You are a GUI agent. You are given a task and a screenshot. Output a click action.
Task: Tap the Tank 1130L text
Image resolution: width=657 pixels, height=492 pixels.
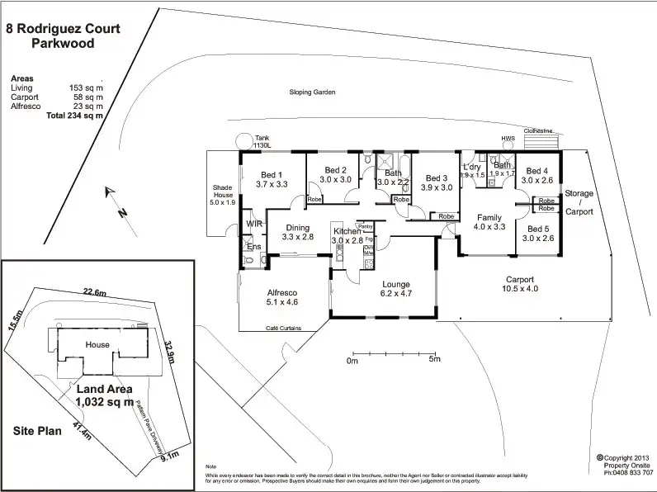coord(263,142)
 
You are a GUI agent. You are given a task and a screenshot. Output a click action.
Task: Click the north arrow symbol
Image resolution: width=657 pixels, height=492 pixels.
coord(115,201)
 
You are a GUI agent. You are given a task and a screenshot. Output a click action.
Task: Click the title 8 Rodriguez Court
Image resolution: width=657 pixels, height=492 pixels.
coord(63,29)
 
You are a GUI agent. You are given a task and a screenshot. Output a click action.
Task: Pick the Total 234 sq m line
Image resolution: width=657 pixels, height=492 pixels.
coord(75,116)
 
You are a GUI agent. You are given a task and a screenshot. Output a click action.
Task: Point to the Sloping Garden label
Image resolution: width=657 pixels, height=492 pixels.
coord(312,93)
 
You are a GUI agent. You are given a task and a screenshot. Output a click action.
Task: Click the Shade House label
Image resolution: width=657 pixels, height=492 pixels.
coord(223,195)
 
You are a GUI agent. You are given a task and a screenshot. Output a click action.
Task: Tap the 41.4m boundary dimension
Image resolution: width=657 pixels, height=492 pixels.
coord(78,428)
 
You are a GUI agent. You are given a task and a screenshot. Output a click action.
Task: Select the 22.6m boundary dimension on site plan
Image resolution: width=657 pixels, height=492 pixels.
coord(95,291)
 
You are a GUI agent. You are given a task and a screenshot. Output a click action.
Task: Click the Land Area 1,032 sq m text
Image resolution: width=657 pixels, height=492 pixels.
coord(105,395)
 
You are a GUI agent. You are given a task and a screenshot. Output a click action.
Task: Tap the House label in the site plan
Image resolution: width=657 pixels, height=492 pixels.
coord(97,344)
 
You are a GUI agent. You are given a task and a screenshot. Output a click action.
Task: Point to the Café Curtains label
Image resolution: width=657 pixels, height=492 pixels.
coord(283,329)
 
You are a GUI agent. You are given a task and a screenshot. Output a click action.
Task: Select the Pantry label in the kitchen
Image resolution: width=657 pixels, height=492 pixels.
coord(366,226)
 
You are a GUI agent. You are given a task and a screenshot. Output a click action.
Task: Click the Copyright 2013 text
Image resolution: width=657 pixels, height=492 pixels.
coord(628,457)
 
